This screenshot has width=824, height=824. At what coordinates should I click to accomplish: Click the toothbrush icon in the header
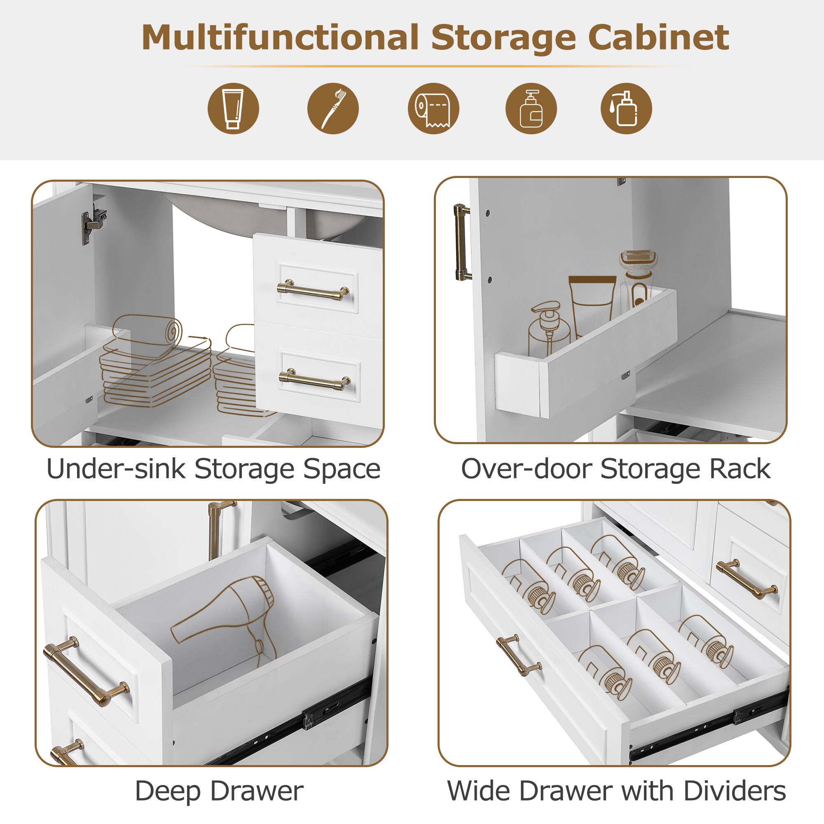coord(332,108)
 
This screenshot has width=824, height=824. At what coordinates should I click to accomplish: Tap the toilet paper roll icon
coord(433,108)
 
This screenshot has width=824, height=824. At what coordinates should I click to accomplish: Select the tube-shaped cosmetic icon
coord(233,108)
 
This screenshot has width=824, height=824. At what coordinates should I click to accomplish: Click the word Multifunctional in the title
coord(280,37)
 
